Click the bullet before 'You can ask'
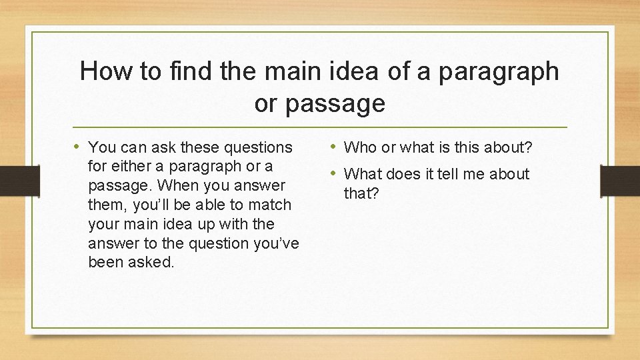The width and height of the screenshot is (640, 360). point(78,146)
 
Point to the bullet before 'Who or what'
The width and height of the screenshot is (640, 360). point(333,146)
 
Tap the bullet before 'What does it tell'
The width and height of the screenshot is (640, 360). point(333,174)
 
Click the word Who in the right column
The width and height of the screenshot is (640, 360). point(360,147)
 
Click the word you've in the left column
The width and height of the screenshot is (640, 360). point(277,243)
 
